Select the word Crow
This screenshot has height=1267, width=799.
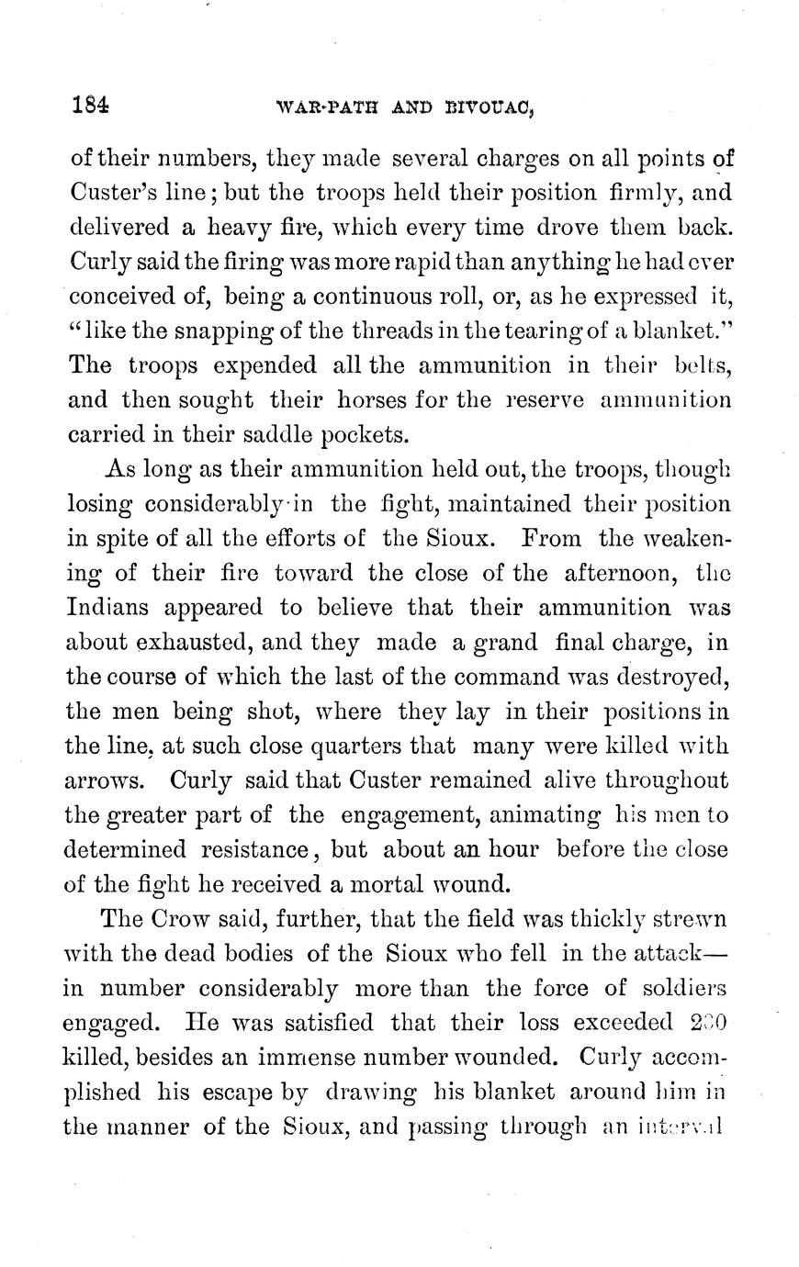coord(184,919)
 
